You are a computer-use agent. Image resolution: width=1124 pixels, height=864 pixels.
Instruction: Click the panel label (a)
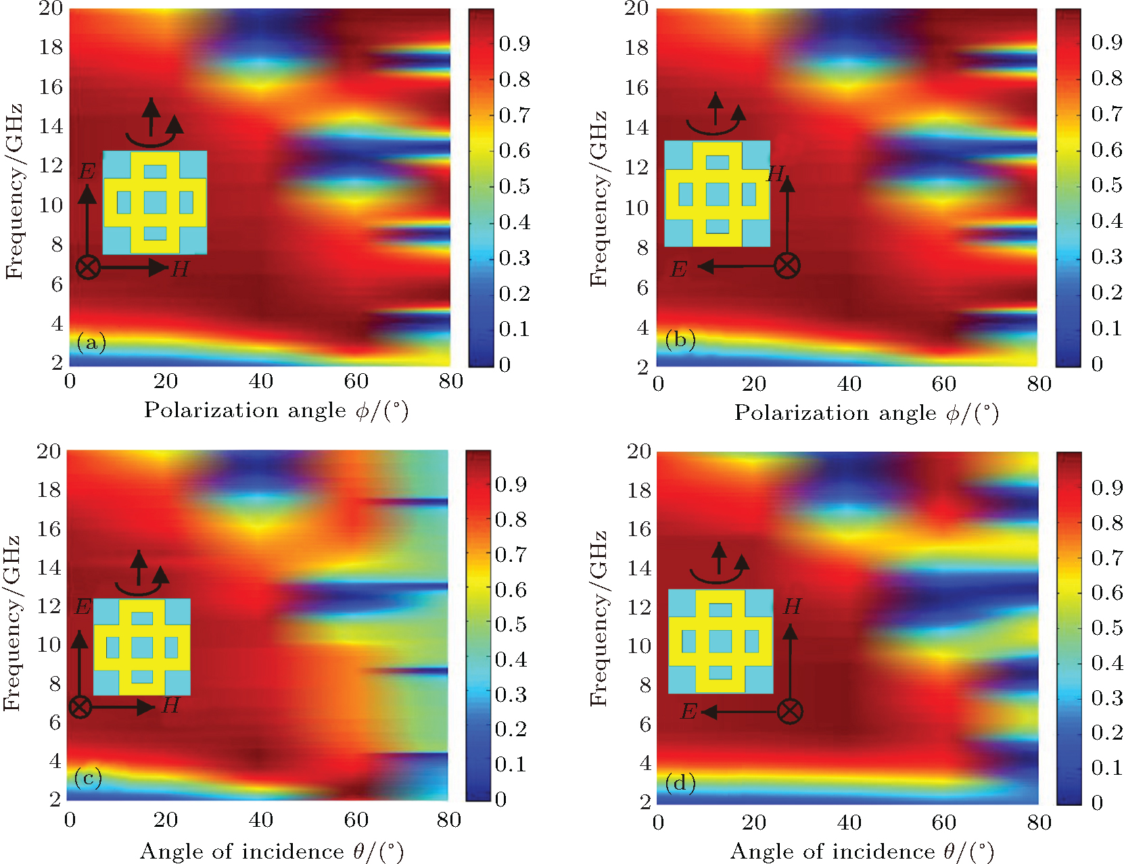[x=91, y=343]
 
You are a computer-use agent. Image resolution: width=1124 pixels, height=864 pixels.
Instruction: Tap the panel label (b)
[x=680, y=339]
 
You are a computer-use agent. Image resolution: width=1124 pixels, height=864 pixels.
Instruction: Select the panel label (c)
[x=88, y=777]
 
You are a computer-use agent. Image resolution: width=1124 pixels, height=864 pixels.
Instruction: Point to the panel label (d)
[x=680, y=782]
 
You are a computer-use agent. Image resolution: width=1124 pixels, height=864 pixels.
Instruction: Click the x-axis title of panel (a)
[x=276, y=410]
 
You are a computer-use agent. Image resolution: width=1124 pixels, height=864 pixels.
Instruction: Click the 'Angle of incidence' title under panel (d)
[x=862, y=851]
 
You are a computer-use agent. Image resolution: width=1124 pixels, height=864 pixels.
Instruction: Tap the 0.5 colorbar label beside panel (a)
[x=514, y=186]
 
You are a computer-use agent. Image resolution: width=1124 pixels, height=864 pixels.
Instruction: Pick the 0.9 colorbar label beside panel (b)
[x=1106, y=43]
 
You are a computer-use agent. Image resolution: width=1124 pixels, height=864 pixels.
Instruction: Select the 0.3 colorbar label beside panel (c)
[x=510, y=694]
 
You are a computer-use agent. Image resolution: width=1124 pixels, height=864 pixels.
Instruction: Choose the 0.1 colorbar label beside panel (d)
[x=1106, y=767]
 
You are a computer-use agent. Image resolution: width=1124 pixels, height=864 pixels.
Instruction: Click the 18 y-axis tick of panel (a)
[x=51, y=47]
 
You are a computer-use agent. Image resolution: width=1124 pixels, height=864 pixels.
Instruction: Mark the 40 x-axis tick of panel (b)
[x=849, y=384]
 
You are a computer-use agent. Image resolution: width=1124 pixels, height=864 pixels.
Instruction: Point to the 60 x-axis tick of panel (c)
[x=356, y=820]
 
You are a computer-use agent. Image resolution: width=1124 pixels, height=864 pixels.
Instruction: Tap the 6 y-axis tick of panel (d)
[x=645, y=724]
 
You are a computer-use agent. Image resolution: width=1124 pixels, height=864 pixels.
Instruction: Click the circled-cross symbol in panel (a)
[x=88, y=267]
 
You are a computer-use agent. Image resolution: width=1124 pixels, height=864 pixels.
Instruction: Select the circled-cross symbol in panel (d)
[x=790, y=711]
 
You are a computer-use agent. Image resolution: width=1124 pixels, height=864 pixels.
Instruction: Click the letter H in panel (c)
[x=170, y=705]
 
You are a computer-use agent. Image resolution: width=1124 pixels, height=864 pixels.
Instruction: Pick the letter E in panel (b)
[x=678, y=269]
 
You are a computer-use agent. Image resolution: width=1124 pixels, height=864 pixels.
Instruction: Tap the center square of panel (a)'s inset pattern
[x=155, y=201]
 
